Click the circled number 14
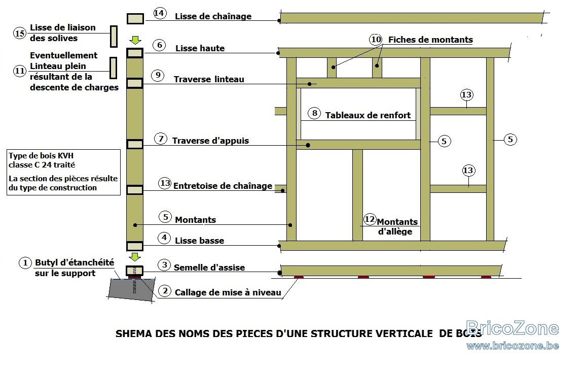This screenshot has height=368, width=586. click(160, 14)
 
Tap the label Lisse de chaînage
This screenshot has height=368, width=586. click(213, 16)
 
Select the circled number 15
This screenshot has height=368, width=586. click(19, 34)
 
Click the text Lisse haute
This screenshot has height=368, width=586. click(200, 48)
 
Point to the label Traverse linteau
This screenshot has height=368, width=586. click(208, 79)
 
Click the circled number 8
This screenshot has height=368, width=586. click(314, 113)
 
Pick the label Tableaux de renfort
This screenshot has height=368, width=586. click(368, 115)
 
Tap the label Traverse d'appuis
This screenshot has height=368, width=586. click(210, 141)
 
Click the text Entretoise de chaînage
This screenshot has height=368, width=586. click(223, 186)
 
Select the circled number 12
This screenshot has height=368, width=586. click(370, 219)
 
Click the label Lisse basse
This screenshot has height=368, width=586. click(200, 241)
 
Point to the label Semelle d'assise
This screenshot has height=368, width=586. click(209, 267)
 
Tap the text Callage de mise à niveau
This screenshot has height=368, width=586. click(228, 292)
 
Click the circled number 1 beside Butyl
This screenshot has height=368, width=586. click(25, 263)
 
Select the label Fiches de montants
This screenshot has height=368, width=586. click(430, 40)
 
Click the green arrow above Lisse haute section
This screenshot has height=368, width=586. click(135, 40)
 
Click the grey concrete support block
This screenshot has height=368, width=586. click(132, 289)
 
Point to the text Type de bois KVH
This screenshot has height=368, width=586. click(41, 156)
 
